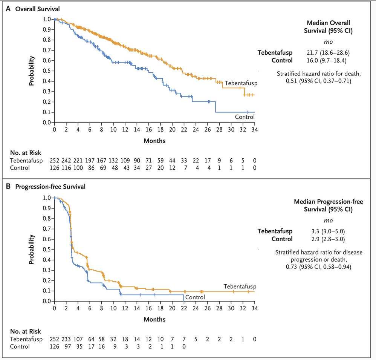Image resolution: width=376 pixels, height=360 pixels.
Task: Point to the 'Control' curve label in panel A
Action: point(245,117)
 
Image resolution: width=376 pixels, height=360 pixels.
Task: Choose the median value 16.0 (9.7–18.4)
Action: point(327,60)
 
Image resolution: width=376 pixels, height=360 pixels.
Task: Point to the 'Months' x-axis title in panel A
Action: point(154,141)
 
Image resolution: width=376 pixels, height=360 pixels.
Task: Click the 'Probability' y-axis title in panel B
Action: point(33,250)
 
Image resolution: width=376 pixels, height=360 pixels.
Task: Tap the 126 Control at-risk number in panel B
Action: point(55,346)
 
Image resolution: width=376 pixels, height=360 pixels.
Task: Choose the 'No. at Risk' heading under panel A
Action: point(26,153)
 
